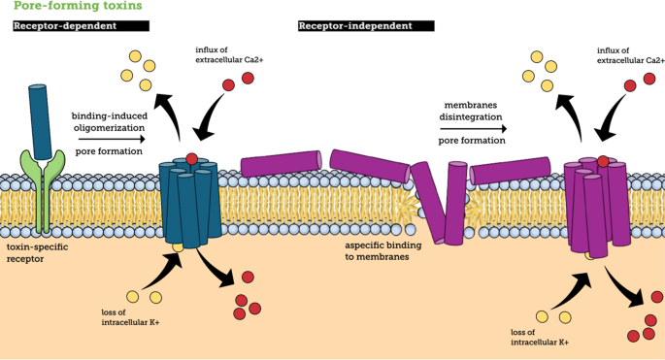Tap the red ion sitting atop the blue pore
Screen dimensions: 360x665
(192, 158)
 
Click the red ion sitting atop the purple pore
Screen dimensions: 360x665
(604, 161)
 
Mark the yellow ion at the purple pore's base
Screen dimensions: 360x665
(591, 255)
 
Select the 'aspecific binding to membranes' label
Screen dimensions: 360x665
(380, 252)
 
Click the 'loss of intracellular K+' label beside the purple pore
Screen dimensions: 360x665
(539, 337)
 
